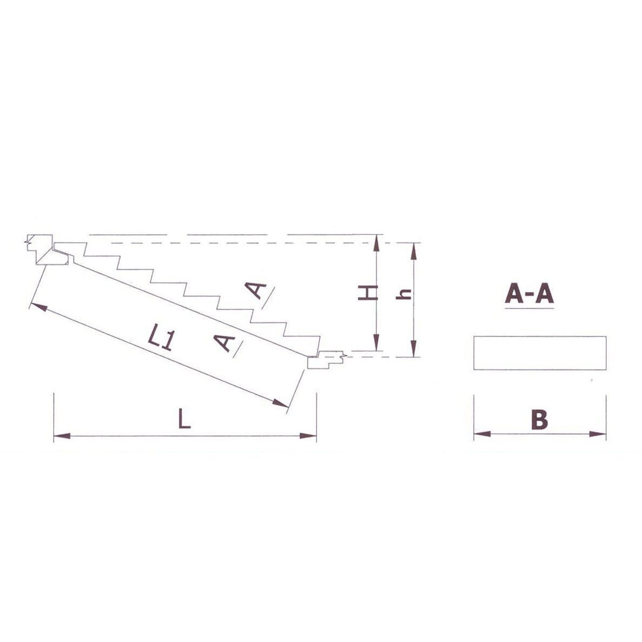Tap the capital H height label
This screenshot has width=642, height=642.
pos(368,293)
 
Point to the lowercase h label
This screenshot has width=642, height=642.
pos(405,294)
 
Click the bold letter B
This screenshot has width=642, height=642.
pos(539,420)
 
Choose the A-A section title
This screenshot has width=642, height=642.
pos(530,294)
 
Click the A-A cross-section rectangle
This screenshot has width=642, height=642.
pos(540,353)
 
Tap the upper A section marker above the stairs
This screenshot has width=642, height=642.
pos(256,290)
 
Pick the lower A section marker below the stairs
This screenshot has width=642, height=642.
pos(224,343)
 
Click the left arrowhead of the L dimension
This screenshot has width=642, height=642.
pos(62,435)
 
